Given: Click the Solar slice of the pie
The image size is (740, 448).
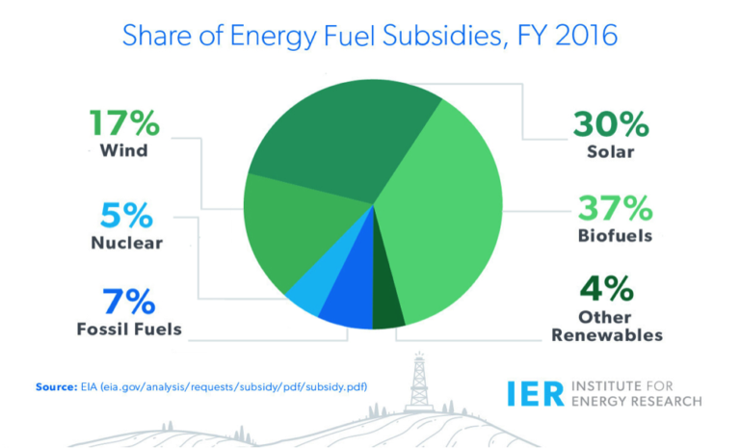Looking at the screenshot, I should point(337,125).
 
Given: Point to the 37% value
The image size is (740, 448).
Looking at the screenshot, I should point(614,206).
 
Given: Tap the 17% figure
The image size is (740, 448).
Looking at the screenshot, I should point(126,122).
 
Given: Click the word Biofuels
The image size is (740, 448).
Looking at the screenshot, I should point(614,235).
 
